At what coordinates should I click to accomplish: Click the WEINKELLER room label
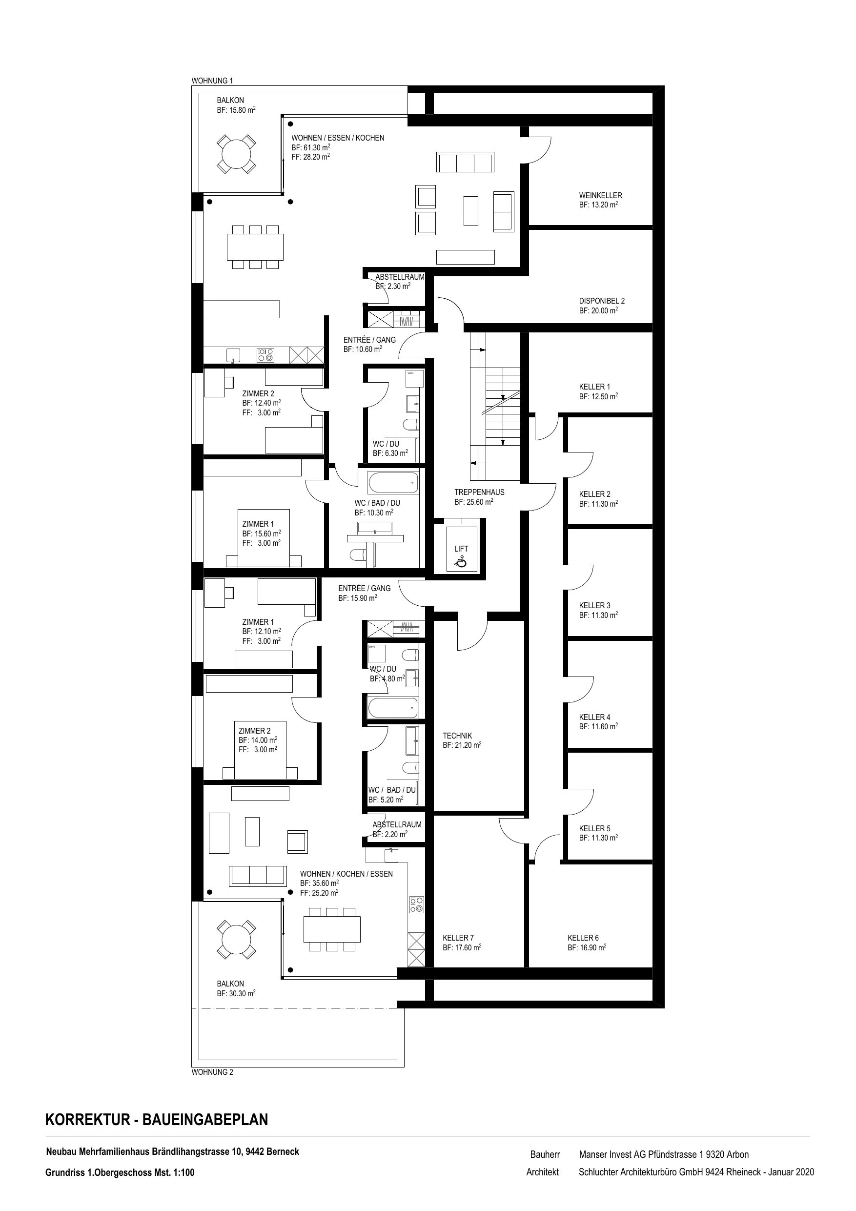[600, 195]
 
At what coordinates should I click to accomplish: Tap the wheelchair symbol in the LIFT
[461, 562]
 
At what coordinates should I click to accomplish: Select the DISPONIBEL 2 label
[602, 301]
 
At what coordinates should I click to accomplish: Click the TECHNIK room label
[457, 735]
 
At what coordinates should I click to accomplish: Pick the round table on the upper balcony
[236, 153]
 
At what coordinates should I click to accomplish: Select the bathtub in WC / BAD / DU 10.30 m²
[393, 483]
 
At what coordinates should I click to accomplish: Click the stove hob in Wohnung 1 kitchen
[265, 354]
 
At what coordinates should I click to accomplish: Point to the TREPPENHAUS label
[479, 492]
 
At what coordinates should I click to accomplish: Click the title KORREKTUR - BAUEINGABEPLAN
[157, 1119]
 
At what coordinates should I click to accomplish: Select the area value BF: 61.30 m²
[311, 148]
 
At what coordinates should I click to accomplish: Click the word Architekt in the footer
[542, 1172]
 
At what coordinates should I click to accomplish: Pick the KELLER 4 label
[594, 717]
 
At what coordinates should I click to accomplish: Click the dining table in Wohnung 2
[332, 929]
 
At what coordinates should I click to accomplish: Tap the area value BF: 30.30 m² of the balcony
[236, 993]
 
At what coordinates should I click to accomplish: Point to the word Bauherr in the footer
[545, 1154]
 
